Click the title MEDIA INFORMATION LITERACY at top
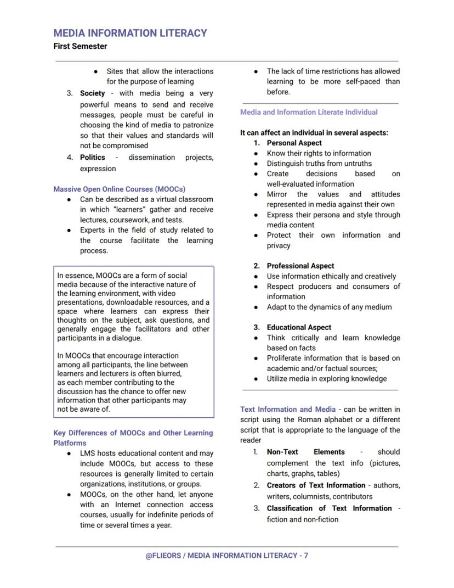tap(130, 33)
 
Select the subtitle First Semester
tap(80, 47)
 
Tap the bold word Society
tap(92, 93)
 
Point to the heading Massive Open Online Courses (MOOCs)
tap(119, 189)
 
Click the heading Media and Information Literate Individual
tap(309, 112)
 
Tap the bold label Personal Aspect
tap(294, 143)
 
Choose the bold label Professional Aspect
tap(300, 266)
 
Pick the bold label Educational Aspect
tap(299, 327)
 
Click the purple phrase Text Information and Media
tap(288, 410)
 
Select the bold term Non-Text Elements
tap(305, 452)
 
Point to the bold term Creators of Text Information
tap(316, 485)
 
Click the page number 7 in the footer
tap(305, 556)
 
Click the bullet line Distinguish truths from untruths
tap(319, 164)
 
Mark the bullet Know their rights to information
tap(319, 153)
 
